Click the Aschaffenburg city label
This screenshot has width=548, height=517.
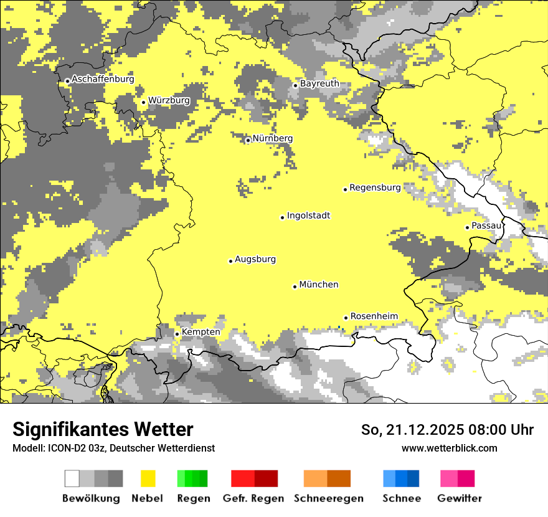[x=103, y=80]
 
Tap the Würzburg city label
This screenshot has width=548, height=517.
[x=169, y=100]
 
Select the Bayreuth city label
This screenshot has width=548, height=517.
[x=319, y=83]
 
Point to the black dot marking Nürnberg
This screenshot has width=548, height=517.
[x=248, y=140]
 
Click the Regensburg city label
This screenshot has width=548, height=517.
[x=375, y=187]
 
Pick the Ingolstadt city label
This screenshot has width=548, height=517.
[x=308, y=216]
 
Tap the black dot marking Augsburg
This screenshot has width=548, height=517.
[x=230, y=261]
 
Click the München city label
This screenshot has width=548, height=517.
[x=319, y=285]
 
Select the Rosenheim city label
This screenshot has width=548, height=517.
[x=374, y=316]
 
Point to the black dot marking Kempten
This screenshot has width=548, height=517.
[x=177, y=334]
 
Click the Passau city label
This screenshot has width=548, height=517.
[x=486, y=226]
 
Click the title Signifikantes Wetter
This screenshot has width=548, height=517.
[x=103, y=430]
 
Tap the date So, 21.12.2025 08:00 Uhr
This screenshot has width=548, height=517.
[x=447, y=430]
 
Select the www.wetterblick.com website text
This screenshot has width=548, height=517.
[x=449, y=448]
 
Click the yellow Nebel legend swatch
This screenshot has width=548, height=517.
[x=148, y=478]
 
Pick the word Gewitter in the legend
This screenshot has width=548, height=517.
[x=459, y=498]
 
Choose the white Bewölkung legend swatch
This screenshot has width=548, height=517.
[x=72, y=478]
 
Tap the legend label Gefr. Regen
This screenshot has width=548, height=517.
[x=253, y=498]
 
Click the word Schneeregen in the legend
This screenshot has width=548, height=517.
[x=329, y=498]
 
